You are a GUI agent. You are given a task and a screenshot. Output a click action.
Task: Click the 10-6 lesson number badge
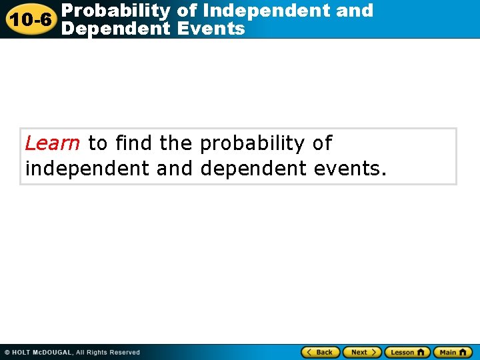[x=29, y=19]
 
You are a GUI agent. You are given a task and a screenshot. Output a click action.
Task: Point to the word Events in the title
[x=213, y=29]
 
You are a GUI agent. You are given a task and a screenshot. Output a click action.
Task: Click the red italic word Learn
[x=53, y=143]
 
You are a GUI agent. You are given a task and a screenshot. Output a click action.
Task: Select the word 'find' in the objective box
[x=133, y=143]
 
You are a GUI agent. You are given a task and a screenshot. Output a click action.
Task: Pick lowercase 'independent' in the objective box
[x=87, y=169]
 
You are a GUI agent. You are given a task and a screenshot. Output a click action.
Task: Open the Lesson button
[x=407, y=352]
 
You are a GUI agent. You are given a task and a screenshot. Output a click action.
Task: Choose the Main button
[x=453, y=352]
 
